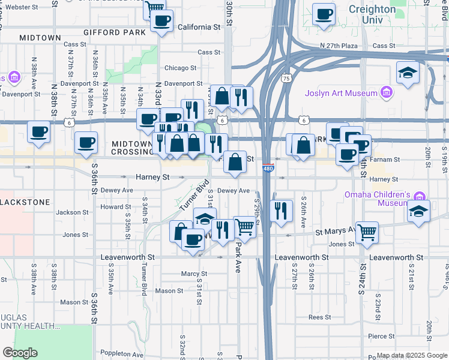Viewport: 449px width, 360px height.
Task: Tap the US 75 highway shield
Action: click(287, 78)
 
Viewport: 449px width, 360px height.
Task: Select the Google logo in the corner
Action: click(20, 353)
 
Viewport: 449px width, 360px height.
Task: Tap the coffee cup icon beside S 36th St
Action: click(86, 142)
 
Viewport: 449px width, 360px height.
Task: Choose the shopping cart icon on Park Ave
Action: click(244, 227)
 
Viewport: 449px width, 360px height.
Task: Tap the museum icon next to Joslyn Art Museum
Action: click(387, 93)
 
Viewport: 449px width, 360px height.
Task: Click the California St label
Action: click(199, 27)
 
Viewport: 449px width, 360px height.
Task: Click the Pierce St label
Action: click(382, 337)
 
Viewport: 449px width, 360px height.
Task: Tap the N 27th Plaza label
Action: click(340, 46)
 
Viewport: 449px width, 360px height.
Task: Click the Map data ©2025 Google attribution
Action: click(411, 355)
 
